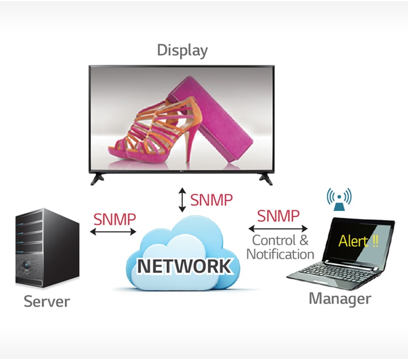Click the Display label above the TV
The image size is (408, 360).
[x=182, y=50]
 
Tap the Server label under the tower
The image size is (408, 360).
[x=47, y=302]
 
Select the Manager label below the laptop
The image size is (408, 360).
[x=340, y=298]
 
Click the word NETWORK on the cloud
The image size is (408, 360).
[x=184, y=265]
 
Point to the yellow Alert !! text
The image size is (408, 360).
[x=359, y=241]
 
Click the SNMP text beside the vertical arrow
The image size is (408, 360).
[x=211, y=200]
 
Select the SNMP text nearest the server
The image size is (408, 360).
[x=114, y=218]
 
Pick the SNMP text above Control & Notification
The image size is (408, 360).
[x=278, y=216]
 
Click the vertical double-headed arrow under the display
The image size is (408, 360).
[x=182, y=200]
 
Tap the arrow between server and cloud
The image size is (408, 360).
[x=113, y=232]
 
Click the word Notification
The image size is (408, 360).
[x=280, y=254]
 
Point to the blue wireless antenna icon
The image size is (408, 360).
[x=339, y=198]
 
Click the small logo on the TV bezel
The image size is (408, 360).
[x=182, y=171]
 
